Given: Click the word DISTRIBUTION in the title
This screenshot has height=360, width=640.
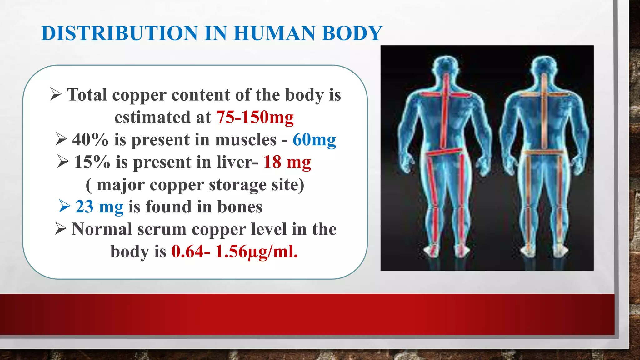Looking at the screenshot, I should (120, 33).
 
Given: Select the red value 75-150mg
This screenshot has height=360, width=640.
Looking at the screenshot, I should (255, 117).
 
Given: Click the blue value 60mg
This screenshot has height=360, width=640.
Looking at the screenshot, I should (314, 140).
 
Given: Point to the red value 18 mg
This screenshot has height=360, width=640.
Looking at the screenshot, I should (287, 162).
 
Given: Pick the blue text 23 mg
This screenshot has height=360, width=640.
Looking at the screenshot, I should (99, 207).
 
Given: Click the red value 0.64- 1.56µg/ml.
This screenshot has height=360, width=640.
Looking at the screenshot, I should (234, 252).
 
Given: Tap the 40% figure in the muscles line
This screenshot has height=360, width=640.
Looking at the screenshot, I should (90, 140).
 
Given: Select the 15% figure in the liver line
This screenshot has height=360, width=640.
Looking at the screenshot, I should (92, 162).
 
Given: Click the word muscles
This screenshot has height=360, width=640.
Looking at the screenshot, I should (246, 140).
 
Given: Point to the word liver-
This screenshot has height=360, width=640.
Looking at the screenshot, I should (237, 162).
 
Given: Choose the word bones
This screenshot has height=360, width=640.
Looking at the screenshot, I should (240, 207).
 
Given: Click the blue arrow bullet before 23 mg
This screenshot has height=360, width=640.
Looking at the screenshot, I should (64, 206).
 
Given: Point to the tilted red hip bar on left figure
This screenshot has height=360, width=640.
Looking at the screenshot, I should (444, 152).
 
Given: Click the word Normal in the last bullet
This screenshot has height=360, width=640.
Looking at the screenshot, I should (102, 229).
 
